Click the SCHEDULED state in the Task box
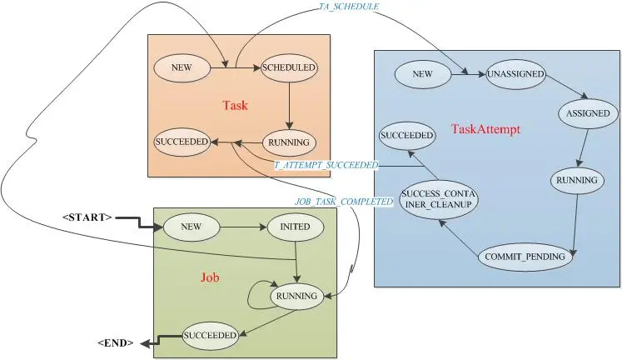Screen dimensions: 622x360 click(288, 67)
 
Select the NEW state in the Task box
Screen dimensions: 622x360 click(182, 67)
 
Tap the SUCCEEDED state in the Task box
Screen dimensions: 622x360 click(182, 142)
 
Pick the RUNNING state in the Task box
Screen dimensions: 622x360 click(288, 142)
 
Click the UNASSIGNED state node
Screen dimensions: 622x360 click(515, 74)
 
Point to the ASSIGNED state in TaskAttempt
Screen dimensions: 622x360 click(588, 113)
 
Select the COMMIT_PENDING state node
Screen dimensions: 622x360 click(525, 257)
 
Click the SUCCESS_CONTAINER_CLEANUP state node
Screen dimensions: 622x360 click(438, 199)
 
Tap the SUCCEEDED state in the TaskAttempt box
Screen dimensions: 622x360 click(407, 135)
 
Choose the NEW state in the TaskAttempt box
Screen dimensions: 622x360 click(423, 74)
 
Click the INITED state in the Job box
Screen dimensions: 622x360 click(295, 227)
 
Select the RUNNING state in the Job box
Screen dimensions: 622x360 click(296, 296)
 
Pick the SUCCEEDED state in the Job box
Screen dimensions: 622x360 click(210, 335)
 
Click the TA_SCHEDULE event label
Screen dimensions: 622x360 click(349, 7)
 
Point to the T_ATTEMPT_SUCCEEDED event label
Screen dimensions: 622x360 click(326, 165)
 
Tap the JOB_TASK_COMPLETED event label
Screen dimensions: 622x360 click(344, 202)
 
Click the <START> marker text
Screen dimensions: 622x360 click(87, 217)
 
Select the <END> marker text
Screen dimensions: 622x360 click(116, 343)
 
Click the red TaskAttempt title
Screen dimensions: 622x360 click(486, 129)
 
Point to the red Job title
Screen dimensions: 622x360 click(210, 277)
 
